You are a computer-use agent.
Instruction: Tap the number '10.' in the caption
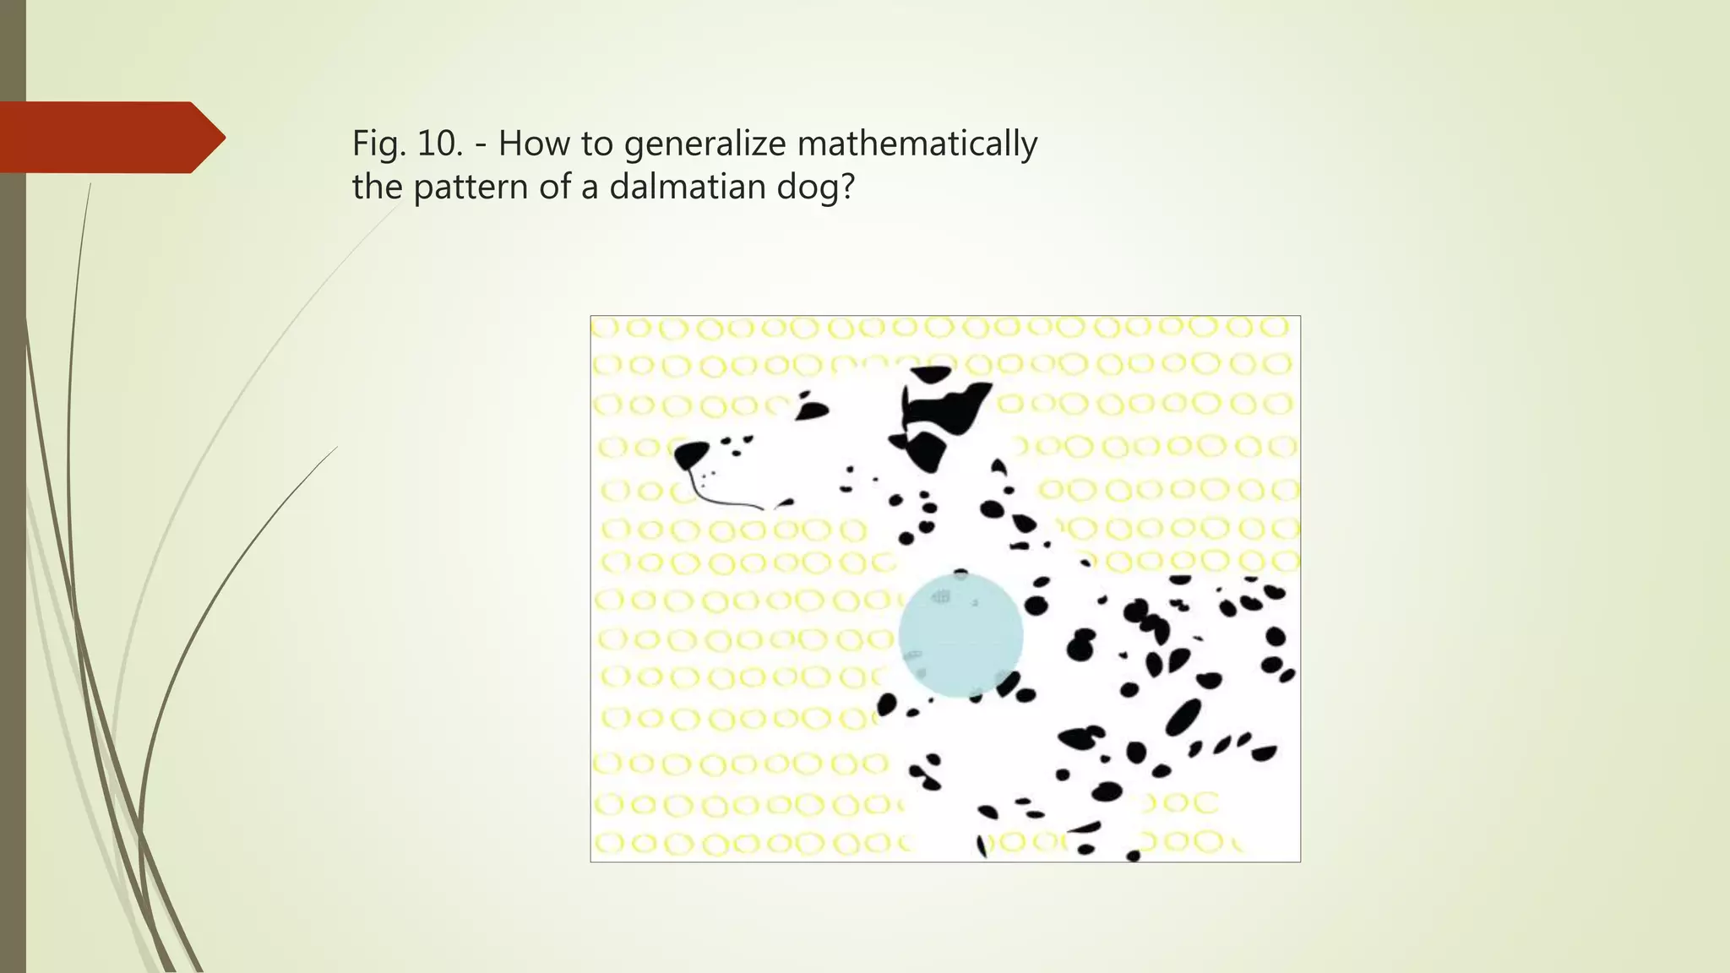(440, 144)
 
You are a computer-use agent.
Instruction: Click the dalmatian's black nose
(691, 454)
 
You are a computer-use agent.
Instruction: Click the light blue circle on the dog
(960, 636)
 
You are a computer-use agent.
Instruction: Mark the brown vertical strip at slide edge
(13, 507)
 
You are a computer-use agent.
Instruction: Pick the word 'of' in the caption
(553, 187)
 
